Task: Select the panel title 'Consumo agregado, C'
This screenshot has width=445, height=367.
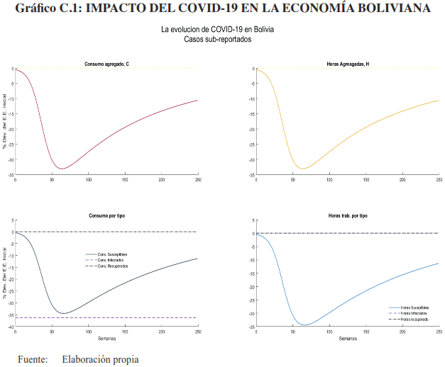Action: point(106,64)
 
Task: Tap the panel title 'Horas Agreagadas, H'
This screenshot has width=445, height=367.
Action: point(347,64)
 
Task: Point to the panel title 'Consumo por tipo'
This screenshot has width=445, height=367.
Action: point(106,215)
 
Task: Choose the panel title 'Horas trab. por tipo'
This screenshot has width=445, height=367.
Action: point(347,215)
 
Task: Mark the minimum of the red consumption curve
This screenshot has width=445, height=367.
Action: point(62,169)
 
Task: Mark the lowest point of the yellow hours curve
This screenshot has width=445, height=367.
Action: point(302,169)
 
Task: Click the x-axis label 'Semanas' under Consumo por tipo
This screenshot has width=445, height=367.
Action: point(106,338)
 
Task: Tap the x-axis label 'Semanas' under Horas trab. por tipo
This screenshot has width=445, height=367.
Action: point(347,338)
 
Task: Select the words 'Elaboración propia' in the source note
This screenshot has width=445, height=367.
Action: point(100,359)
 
